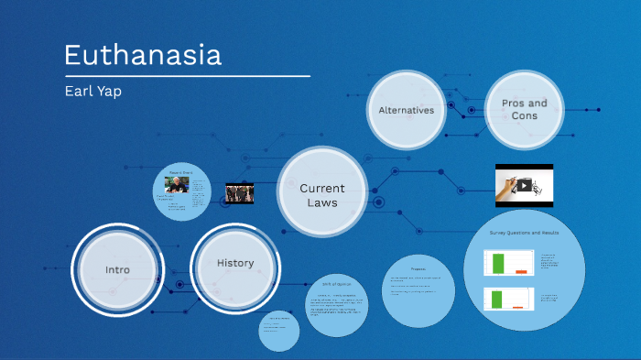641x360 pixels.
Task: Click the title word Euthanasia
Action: point(142,55)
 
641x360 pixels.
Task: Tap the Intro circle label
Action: point(117,269)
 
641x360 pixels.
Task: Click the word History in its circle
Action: point(235,263)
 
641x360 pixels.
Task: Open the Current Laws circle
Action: point(322,194)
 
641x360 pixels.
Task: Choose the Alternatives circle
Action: point(407,110)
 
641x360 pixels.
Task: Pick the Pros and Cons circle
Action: point(524,109)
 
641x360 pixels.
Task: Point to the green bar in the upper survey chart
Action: point(498,264)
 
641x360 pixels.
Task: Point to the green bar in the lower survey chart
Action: point(498,299)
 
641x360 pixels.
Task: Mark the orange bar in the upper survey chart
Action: point(521,272)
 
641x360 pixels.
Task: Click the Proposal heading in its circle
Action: point(418,268)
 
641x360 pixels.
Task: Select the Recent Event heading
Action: point(180,172)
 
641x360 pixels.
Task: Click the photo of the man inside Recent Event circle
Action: point(177,184)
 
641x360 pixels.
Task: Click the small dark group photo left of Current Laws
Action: point(240,193)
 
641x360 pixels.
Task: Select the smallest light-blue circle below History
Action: point(278,330)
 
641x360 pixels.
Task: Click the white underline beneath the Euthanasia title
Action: point(187,75)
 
